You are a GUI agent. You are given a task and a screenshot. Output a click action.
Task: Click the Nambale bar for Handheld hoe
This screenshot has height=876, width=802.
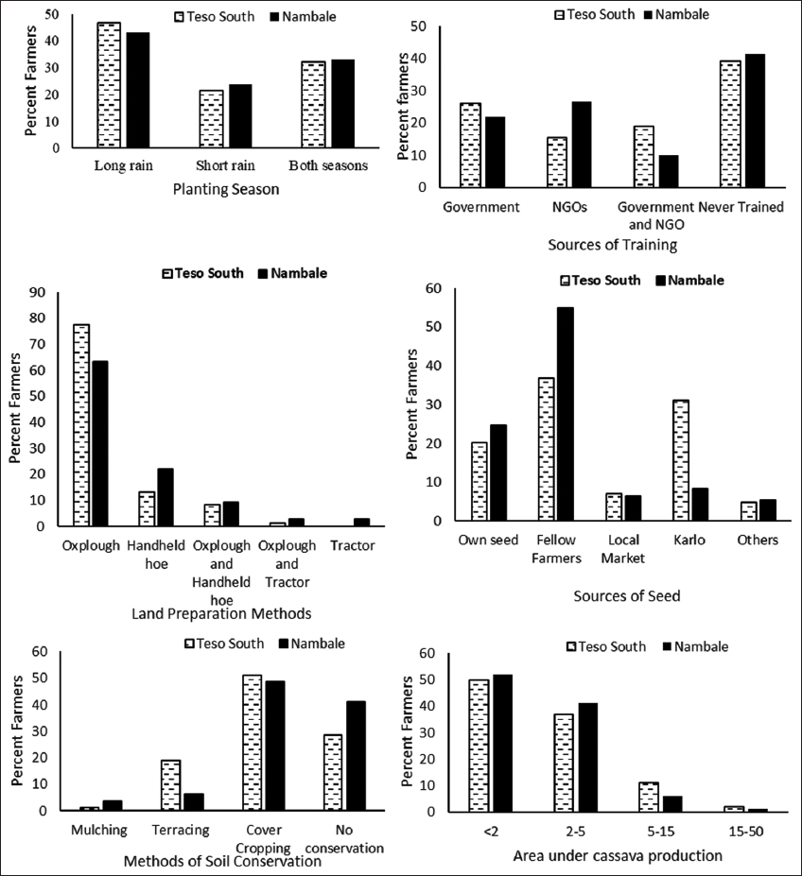165,497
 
